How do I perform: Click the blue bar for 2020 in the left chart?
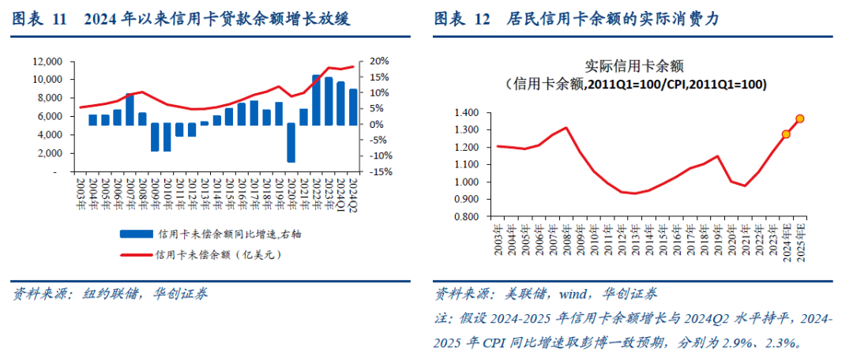point(291,142)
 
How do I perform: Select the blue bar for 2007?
point(130,109)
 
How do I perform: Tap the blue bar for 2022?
point(315,100)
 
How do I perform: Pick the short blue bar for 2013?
point(205,123)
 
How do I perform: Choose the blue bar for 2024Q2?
point(352,107)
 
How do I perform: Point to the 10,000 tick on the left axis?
point(47,80)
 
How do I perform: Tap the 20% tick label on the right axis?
point(379,61)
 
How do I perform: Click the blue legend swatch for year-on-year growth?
point(137,234)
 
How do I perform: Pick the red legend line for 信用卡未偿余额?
point(137,254)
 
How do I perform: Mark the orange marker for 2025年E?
point(799,119)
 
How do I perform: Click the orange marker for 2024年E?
point(786,134)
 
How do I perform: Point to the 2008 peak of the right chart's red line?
point(566,128)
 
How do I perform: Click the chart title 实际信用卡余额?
point(633,66)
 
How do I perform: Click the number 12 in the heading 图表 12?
point(482,20)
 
